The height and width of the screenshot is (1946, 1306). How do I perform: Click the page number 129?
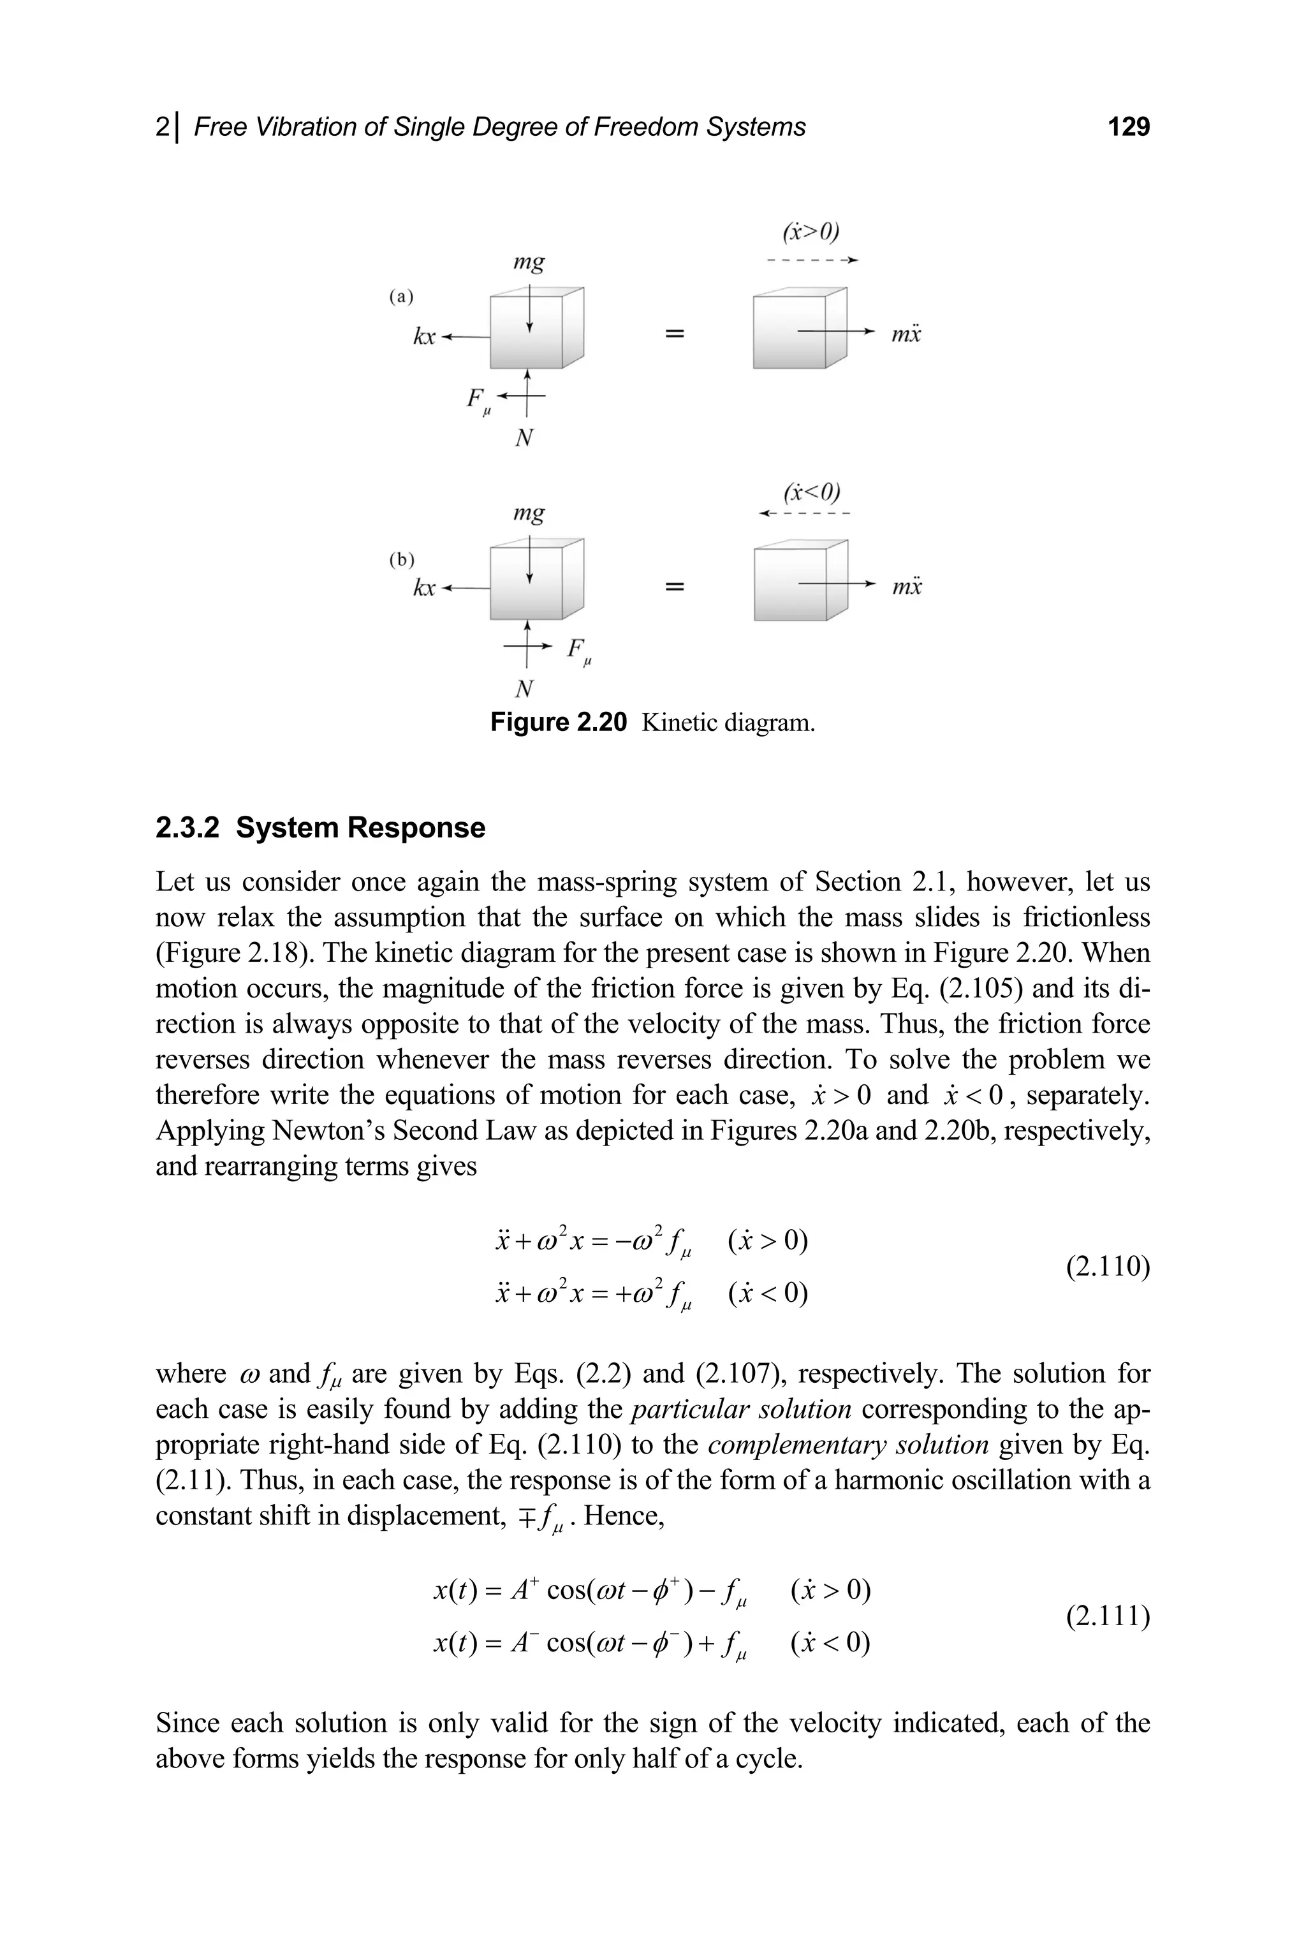(1129, 127)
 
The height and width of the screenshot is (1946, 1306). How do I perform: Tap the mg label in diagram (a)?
(529, 263)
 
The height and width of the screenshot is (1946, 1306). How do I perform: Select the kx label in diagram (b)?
(425, 587)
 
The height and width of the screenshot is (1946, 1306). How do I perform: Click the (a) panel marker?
(402, 297)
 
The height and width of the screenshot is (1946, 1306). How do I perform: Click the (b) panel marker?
(402, 559)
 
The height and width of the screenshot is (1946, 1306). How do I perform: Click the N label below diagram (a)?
(524, 438)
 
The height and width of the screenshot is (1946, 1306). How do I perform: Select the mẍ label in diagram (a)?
(906, 335)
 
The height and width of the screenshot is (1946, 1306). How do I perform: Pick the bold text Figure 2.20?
(557, 722)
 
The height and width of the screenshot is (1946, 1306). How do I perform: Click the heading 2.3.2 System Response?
(320, 827)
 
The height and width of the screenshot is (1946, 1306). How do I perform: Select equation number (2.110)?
(1108, 1266)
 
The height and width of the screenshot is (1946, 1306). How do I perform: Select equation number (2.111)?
(1108, 1616)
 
